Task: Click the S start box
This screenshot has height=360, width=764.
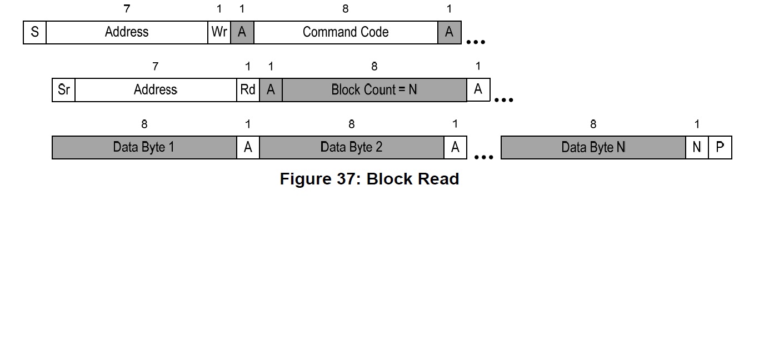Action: pyautogui.click(x=34, y=32)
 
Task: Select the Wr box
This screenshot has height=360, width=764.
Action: pyautogui.click(x=219, y=32)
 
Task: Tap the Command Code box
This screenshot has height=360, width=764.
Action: pyautogui.click(x=346, y=32)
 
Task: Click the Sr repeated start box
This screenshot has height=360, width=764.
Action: pyautogui.click(x=63, y=90)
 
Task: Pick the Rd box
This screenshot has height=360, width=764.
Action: pyautogui.click(x=248, y=90)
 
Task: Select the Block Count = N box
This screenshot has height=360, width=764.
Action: pyautogui.click(x=374, y=90)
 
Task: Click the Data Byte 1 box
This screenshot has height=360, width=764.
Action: pyautogui.click(x=144, y=148)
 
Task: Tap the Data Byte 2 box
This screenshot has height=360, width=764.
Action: pyautogui.click(x=352, y=148)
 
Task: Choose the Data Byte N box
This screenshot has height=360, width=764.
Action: pyautogui.click(x=593, y=148)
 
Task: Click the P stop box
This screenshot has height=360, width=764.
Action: pyautogui.click(x=720, y=148)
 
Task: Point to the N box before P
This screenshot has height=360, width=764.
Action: pyautogui.click(x=697, y=148)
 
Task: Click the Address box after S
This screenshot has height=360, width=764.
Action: pyautogui.click(x=127, y=32)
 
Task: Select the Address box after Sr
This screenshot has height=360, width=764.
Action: pyautogui.click(x=156, y=90)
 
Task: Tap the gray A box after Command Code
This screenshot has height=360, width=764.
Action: pyautogui.click(x=450, y=32)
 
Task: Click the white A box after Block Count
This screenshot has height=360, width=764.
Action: pyautogui.click(x=478, y=90)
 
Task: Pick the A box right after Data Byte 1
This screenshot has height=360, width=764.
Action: pyautogui.click(x=248, y=148)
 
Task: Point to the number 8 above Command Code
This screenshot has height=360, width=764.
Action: pyautogui.click(x=346, y=9)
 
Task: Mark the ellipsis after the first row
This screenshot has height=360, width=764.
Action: pyautogui.click(x=476, y=42)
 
